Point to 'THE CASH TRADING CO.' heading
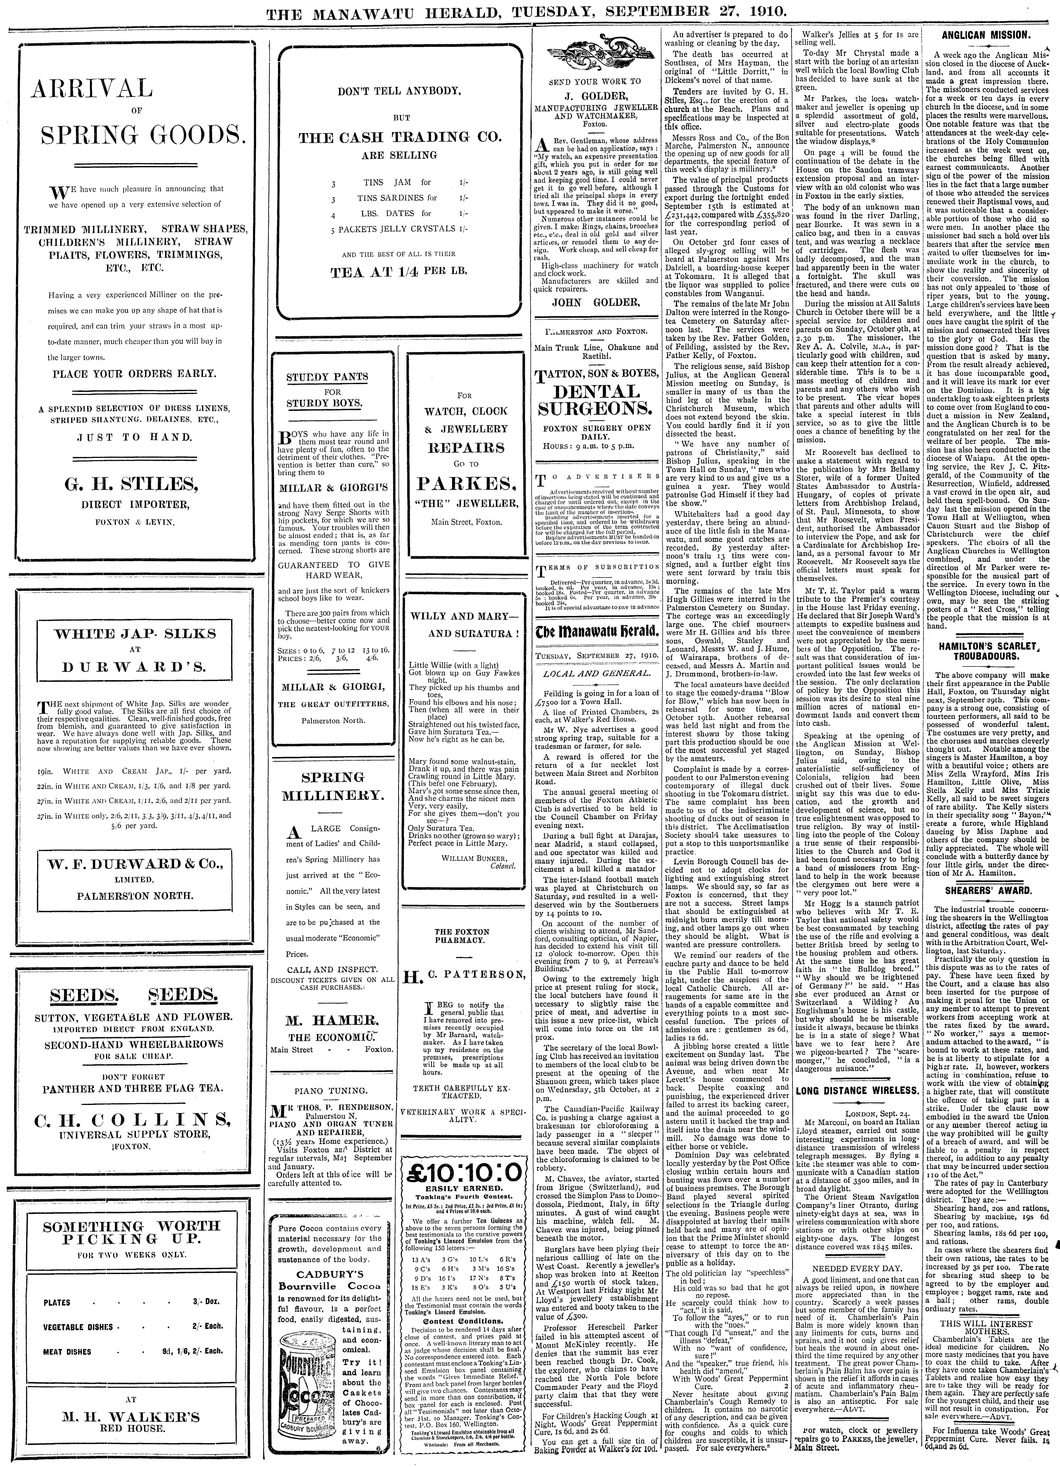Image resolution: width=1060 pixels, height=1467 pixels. [399, 137]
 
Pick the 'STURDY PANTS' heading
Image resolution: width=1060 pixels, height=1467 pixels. [327, 377]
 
